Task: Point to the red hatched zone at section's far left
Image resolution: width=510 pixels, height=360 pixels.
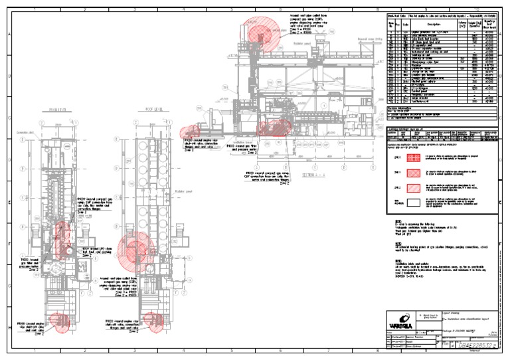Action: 193,132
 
